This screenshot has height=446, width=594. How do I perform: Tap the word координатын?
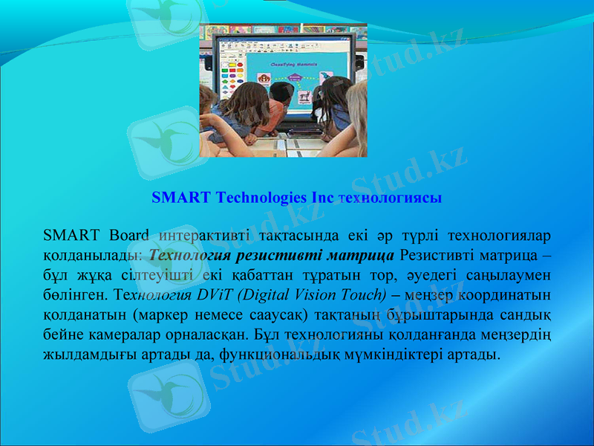point(502,292)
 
